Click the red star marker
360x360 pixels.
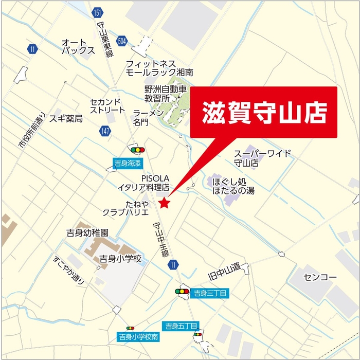tap(164, 203)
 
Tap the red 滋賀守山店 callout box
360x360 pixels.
tap(263, 113)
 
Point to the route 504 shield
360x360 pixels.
tap(121, 40)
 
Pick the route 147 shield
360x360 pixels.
tap(105, 131)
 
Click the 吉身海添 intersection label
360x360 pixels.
tap(127, 164)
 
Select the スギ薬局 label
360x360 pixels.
tap(66, 119)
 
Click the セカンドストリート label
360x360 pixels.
tap(107, 106)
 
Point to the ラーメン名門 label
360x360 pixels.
tap(149, 117)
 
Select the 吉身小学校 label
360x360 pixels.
tap(120, 259)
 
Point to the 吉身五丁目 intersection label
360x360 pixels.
tap(177, 326)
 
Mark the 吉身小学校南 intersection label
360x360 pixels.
tap(138, 337)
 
